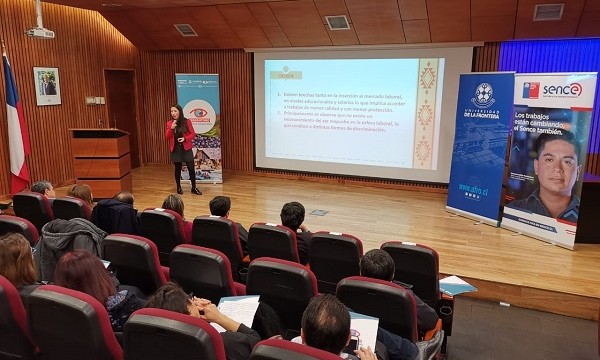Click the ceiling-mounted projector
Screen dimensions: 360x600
point(40,32)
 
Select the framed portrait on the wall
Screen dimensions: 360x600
point(46,86)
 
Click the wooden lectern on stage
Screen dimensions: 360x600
point(101,161)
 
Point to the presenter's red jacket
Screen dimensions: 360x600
point(180,134)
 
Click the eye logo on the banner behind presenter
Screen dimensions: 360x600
point(200,115)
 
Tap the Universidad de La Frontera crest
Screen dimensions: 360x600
point(483,96)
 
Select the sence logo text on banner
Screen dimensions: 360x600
point(562,90)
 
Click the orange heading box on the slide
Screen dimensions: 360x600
point(285,73)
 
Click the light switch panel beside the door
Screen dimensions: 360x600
point(94,100)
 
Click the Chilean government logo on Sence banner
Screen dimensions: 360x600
point(531,90)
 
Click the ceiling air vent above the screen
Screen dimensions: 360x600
point(338,22)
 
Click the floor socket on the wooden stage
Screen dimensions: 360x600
point(318,212)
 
